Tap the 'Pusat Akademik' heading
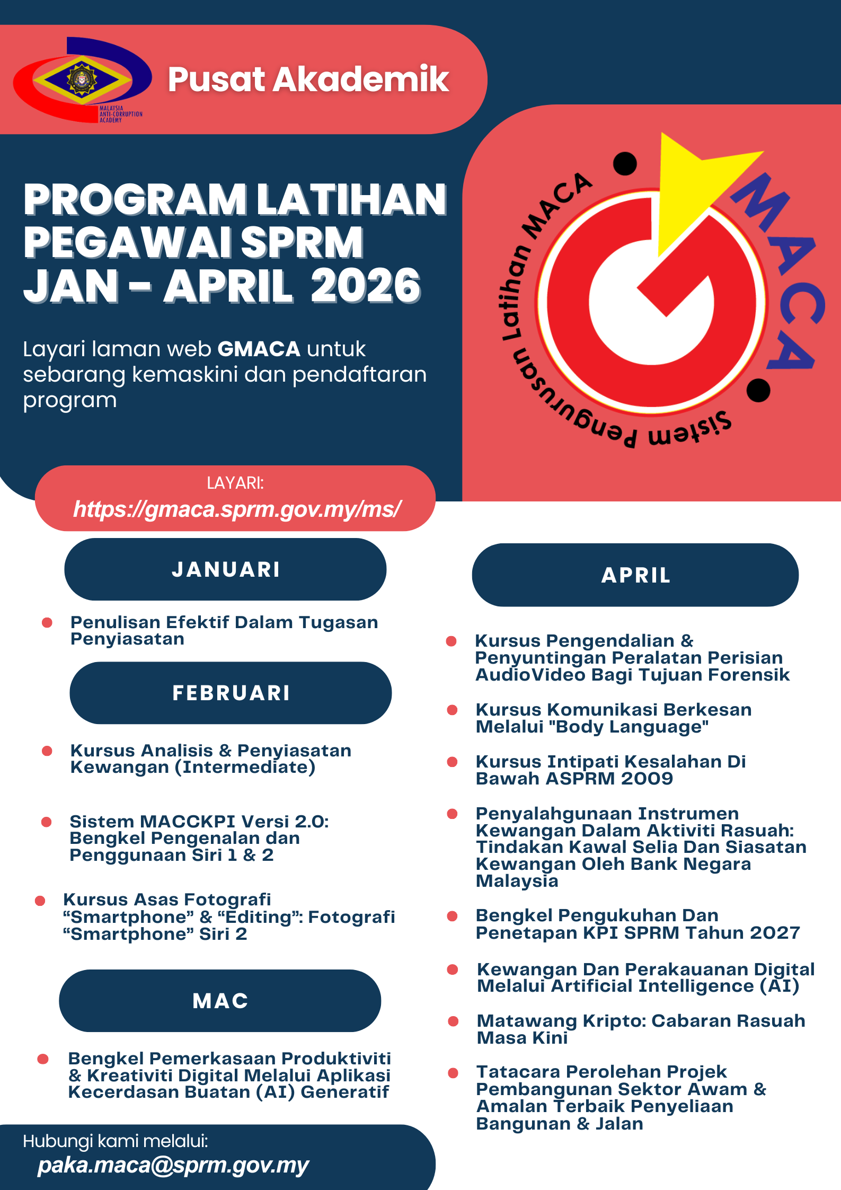(x=308, y=80)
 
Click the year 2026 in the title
(x=365, y=286)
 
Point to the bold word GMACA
(x=259, y=349)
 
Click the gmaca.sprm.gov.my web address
(x=237, y=509)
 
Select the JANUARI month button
(x=225, y=569)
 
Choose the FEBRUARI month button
(x=231, y=693)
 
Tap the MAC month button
(x=220, y=1001)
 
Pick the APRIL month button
(x=635, y=575)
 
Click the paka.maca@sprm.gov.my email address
(x=173, y=1166)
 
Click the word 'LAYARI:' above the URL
(x=235, y=483)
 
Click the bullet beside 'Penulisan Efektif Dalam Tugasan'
(x=47, y=622)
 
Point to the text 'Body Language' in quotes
(x=628, y=727)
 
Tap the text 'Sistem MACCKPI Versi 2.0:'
(x=199, y=822)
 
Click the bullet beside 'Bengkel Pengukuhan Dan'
(x=453, y=916)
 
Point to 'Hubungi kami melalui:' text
(x=116, y=1141)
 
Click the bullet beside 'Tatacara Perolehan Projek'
(x=453, y=1073)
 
